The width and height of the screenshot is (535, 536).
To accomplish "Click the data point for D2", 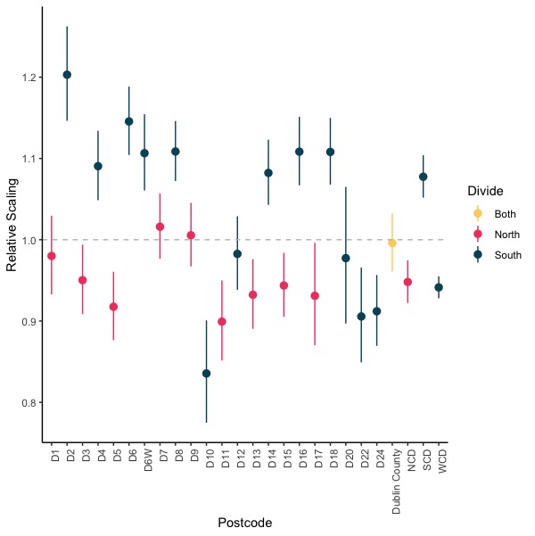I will (x=67, y=75).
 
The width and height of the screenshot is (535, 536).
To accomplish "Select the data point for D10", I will (x=206, y=374).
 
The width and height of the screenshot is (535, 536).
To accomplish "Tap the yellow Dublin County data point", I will (x=392, y=243).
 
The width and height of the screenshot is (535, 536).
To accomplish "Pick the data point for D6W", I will (x=144, y=153).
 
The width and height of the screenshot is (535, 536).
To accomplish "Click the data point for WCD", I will (x=439, y=287).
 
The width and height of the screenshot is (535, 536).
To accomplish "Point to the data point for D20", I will (x=346, y=258).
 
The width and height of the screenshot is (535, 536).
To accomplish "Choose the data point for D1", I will (x=52, y=256).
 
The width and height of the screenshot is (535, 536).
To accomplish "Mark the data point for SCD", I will (x=424, y=177).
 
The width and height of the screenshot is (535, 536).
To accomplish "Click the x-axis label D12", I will (x=238, y=465).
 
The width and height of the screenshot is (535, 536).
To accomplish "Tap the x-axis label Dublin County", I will (x=392, y=482).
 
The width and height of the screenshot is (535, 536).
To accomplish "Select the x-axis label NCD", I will (x=408, y=466).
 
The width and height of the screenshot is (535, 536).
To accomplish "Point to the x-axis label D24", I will (x=377, y=465).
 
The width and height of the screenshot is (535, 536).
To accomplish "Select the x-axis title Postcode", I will (x=245, y=521).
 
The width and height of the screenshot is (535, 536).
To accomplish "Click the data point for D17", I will (x=315, y=295).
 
